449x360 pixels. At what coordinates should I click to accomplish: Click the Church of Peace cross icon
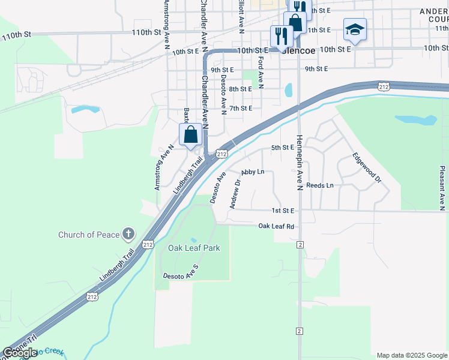click(128, 234)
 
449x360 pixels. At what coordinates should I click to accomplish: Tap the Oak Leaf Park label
click(194, 248)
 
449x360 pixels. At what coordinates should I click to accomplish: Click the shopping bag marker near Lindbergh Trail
click(190, 135)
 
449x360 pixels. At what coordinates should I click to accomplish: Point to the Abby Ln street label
click(253, 172)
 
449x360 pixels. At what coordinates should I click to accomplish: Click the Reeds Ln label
click(319, 185)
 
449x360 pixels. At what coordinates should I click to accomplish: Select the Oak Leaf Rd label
click(276, 226)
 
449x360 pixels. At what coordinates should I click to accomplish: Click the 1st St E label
click(283, 211)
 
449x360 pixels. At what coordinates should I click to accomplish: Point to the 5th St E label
click(283, 147)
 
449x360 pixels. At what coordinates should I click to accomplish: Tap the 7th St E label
click(241, 108)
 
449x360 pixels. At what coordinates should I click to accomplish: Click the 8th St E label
click(240, 89)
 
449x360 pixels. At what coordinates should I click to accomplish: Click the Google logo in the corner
click(20, 353)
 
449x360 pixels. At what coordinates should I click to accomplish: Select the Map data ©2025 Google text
click(411, 355)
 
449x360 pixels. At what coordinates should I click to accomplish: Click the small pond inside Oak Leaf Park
click(193, 240)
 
